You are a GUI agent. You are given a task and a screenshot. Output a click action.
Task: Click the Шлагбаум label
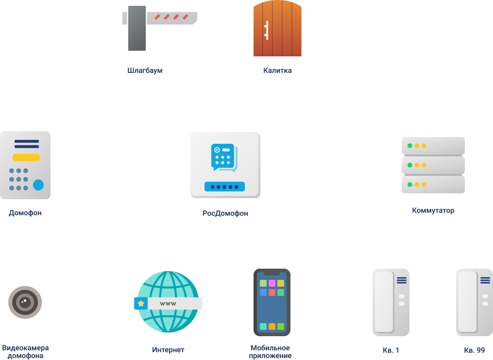pyautogui.click(x=145, y=70)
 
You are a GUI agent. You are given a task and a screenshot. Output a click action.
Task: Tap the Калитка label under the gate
pyautogui.click(x=277, y=70)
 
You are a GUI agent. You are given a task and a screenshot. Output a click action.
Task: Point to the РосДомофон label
pyautogui.click(x=225, y=213)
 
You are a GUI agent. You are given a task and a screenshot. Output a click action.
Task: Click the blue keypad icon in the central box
pyautogui.click(x=223, y=156)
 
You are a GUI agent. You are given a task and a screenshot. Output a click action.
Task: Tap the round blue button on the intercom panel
pyautogui.click(x=38, y=185)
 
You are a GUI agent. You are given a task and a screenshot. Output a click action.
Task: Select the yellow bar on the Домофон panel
pyautogui.click(x=26, y=157)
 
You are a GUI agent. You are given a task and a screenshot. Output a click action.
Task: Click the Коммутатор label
pyautogui.click(x=433, y=210)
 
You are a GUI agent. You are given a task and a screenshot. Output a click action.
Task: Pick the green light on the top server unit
pyautogui.click(x=410, y=146)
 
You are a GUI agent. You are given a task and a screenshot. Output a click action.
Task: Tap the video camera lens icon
pyautogui.click(x=25, y=302)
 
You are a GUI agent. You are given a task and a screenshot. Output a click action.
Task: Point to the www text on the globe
pyautogui.click(x=168, y=304)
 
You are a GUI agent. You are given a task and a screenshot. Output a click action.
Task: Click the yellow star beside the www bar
pyautogui.click(x=141, y=304)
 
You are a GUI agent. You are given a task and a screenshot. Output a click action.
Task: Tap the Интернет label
pyautogui.click(x=168, y=350)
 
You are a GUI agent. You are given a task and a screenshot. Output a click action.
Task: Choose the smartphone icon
pyautogui.click(x=272, y=302)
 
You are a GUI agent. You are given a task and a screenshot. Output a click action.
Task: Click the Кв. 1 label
pyautogui.click(x=391, y=350)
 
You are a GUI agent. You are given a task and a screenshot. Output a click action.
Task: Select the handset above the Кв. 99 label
pyautogui.click(x=474, y=302)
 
